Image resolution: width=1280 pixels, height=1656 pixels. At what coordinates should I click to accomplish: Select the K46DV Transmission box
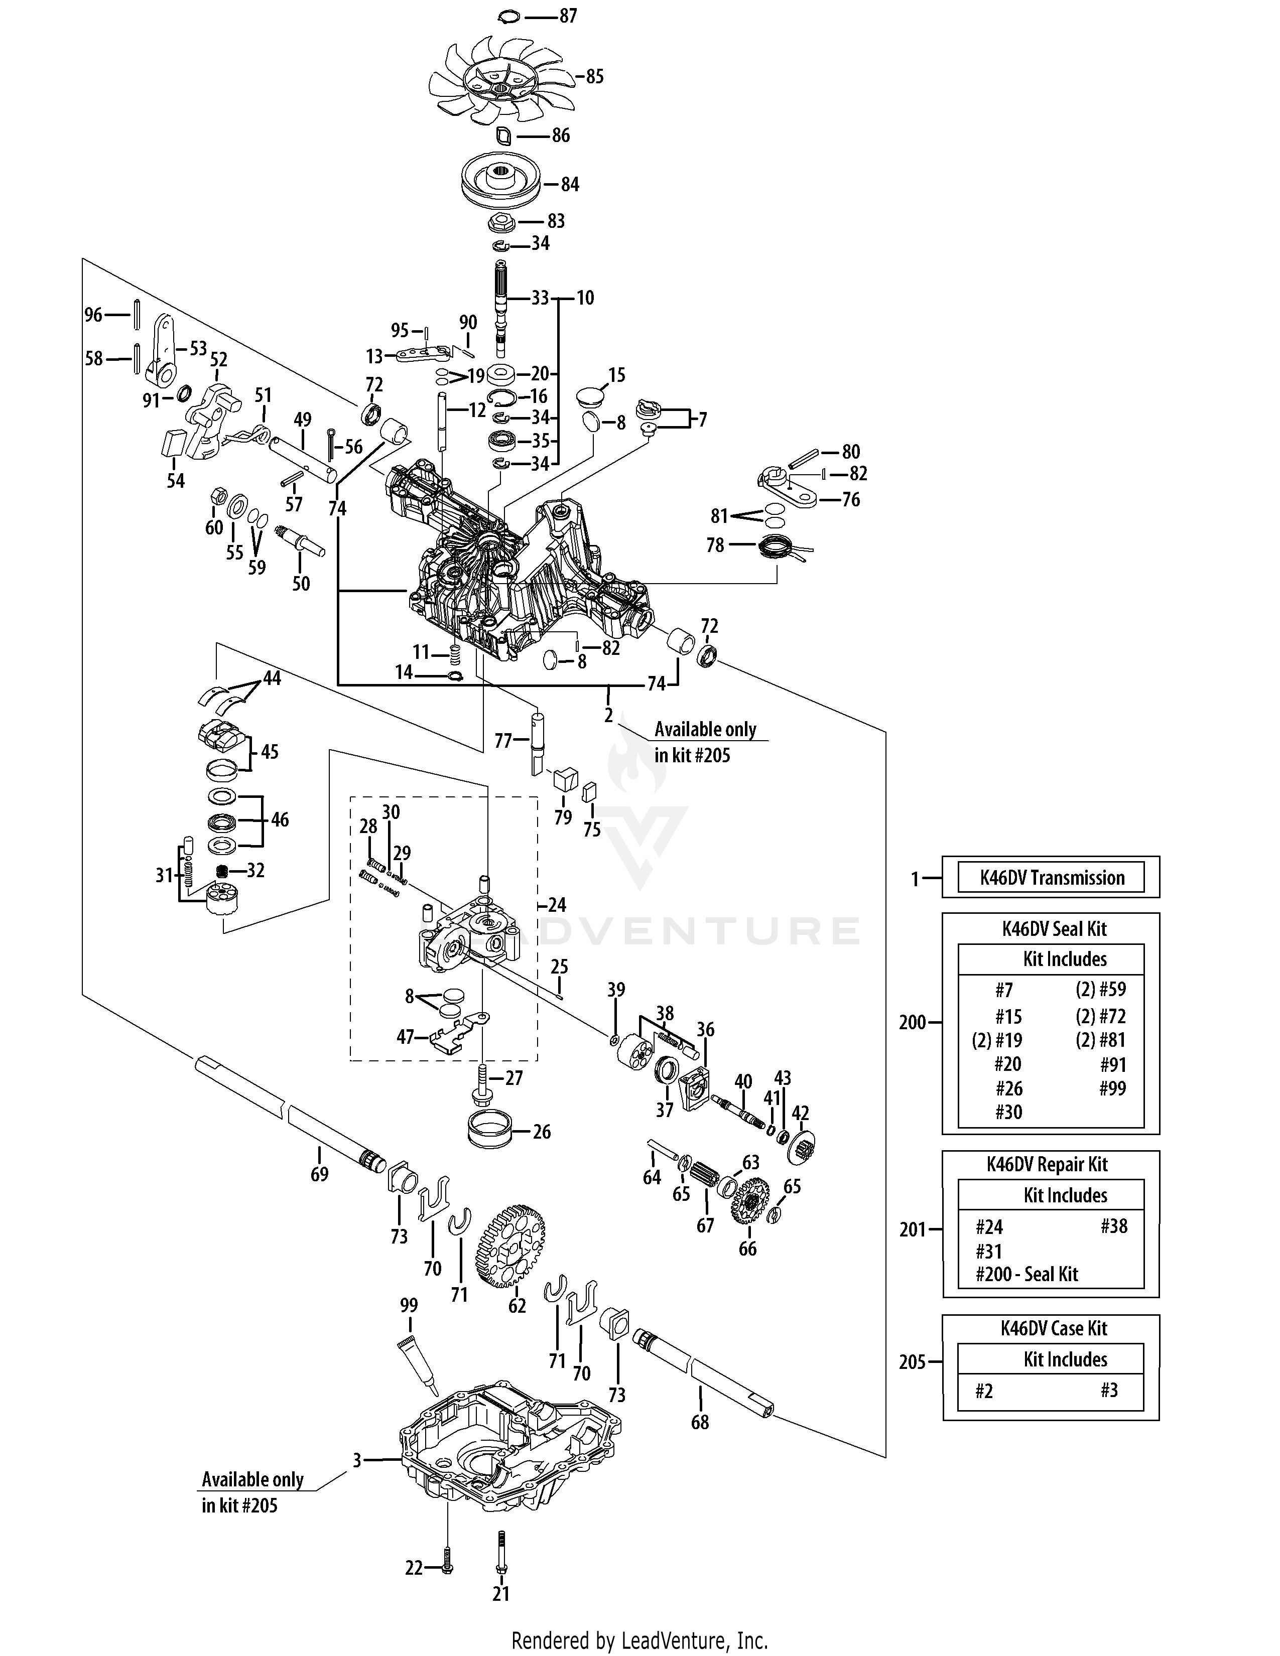pyautogui.click(x=1051, y=877)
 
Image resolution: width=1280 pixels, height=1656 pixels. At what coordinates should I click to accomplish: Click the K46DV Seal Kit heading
pyautogui.click(x=1054, y=929)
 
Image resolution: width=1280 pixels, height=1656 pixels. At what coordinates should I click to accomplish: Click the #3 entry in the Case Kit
pyautogui.click(x=1109, y=1391)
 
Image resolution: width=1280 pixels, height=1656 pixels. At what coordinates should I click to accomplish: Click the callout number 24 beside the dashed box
pyautogui.click(x=557, y=905)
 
